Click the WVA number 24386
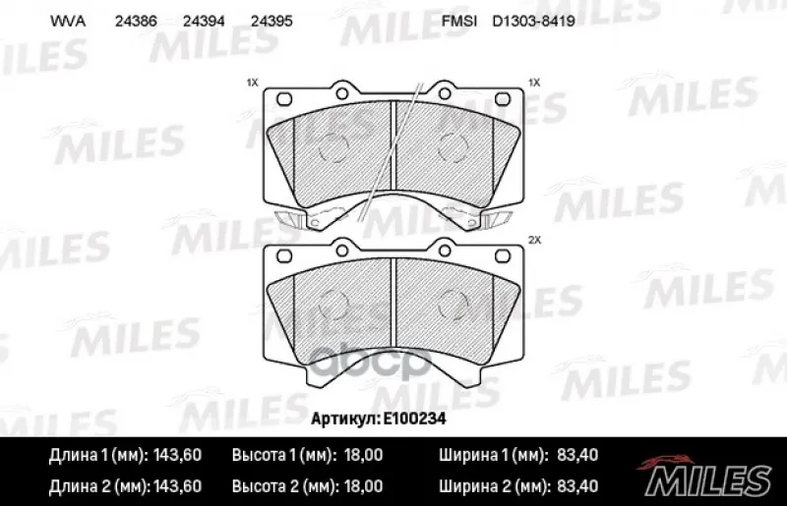(136, 21)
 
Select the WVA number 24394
(204, 21)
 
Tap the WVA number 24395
(272, 21)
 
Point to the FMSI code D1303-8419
(533, 21)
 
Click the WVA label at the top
(68, 21)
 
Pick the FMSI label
(459, 21)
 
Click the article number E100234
(414, 419)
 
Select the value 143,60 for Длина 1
(177, 455)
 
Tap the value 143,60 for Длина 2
(177, 486)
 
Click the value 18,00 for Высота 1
(363, 455)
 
